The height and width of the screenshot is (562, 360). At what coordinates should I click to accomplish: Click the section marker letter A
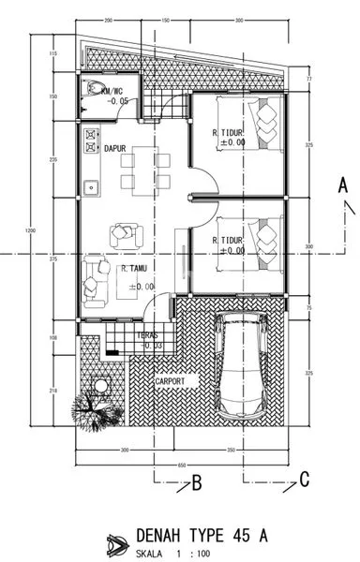[343, 185]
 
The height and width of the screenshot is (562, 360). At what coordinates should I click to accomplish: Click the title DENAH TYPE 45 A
[202, 535]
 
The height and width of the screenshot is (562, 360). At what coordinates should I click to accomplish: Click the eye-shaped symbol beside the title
[117, 542]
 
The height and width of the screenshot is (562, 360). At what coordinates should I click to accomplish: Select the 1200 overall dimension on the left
[30, 232]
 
